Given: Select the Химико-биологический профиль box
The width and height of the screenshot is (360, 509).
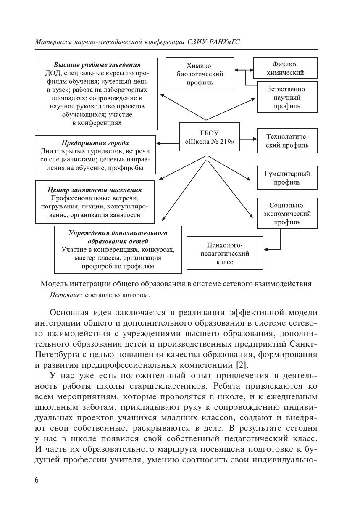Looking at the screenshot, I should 200,74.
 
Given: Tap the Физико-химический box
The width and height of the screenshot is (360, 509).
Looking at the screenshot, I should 285,69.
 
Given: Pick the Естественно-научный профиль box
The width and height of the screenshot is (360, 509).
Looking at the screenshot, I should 287,97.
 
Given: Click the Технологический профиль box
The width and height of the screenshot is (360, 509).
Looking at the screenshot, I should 287,141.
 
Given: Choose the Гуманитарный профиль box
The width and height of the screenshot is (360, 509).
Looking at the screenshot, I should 287,178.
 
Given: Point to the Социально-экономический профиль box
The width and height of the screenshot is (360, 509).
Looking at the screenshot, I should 287,213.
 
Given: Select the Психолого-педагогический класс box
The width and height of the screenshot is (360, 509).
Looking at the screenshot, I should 225,253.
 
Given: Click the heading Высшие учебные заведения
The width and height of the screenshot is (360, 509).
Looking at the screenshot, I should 97,65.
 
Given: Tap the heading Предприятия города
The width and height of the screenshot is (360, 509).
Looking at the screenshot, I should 95,143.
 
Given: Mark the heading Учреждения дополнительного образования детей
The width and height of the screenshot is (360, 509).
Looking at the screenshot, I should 118,237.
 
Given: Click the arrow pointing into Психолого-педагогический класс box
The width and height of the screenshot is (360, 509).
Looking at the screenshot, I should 271,249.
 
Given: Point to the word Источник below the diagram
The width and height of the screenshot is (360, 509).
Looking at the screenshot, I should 66,295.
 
